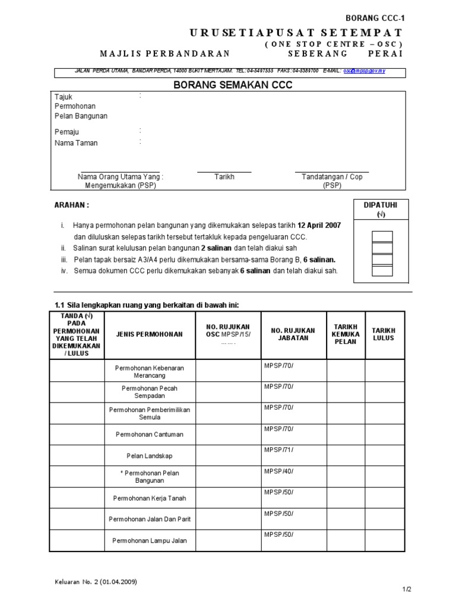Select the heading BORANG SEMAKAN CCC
pyautogui.click(x=233, y=85)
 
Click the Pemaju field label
pyautogui.click(x=66, y=132)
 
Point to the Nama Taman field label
pyautogui.click(x=76, y=143)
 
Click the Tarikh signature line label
pyautogui.click(x=224, y=177)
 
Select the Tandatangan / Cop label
pyautogui.click(x=331, y=177)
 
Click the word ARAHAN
pyautogui.click(x=72, y=205)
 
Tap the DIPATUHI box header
pyautogui.click(x=381, y=205)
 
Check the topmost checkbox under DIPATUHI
pyautogui.click(x=382, y=237)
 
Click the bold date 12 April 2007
pyautogui.click(x=319, y=226)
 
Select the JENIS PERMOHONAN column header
pyautogui.click(x=150, y=334)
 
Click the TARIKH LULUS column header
pyautogui.click(x=384, y=334)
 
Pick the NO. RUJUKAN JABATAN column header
pyautogui.click(x=293, y=334)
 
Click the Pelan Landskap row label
pyautogui.click(x=150, y=456)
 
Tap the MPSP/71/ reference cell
pyautogui.click(x=278, y=450)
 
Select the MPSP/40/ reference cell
pyautogui.click(x=278, y=471)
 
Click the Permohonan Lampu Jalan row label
pyautogui.click(x=150, y=540)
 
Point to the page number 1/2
pyautogui.click(x=407, y=589)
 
